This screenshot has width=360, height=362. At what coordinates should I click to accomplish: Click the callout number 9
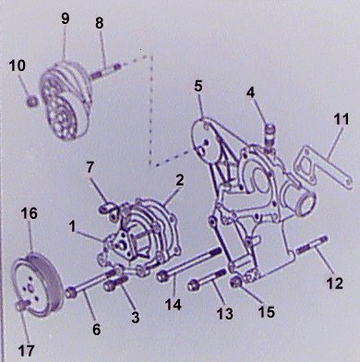coord(65,18)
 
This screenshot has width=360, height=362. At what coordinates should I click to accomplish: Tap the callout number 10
coord(18,66)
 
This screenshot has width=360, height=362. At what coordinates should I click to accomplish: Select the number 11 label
coord(342,119)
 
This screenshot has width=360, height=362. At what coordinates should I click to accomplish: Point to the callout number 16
coord(30,213)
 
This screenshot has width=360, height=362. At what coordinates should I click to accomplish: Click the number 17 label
coord(26,350)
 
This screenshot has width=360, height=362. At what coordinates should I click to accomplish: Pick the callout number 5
coord(198,86)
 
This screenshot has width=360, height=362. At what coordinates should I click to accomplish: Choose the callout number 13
coord(224,314)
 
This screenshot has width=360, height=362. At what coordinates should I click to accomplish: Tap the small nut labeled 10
coord(32,102)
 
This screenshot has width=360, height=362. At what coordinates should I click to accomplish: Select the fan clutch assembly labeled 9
coord(66,100)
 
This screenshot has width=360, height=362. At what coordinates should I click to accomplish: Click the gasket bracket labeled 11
coord(321,166)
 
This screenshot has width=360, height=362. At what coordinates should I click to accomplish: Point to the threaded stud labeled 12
coord(312,245)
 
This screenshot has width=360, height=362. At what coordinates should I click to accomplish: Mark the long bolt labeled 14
coord(189,264)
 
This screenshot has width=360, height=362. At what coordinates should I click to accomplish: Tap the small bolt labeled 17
coord(23,305)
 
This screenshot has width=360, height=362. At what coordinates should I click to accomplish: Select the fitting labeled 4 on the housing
coord(270,136)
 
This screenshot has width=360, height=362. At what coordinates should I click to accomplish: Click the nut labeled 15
coord(236,282)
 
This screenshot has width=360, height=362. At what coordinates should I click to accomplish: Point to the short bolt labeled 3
coord(115,283)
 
